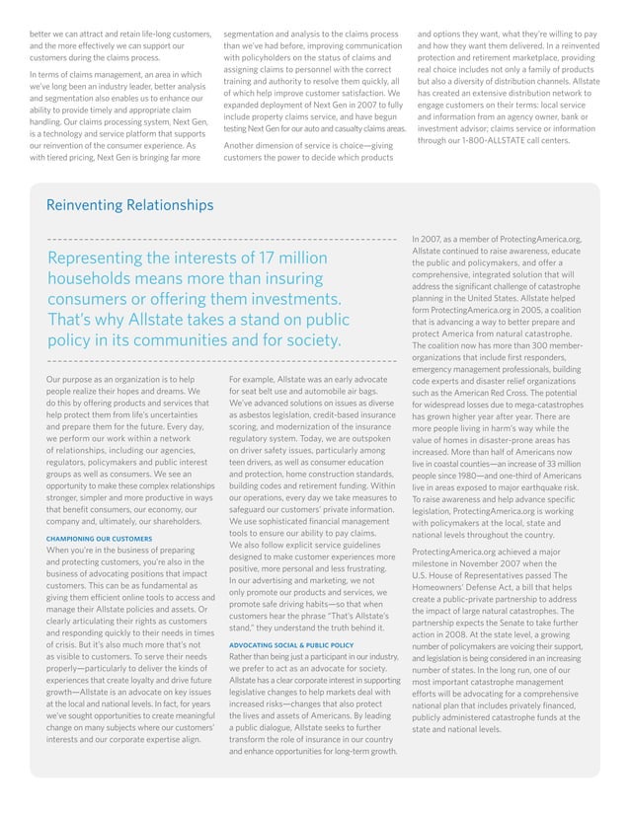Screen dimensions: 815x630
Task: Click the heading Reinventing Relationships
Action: click(129, 205)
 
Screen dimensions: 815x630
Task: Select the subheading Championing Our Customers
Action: click(99, 539)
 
